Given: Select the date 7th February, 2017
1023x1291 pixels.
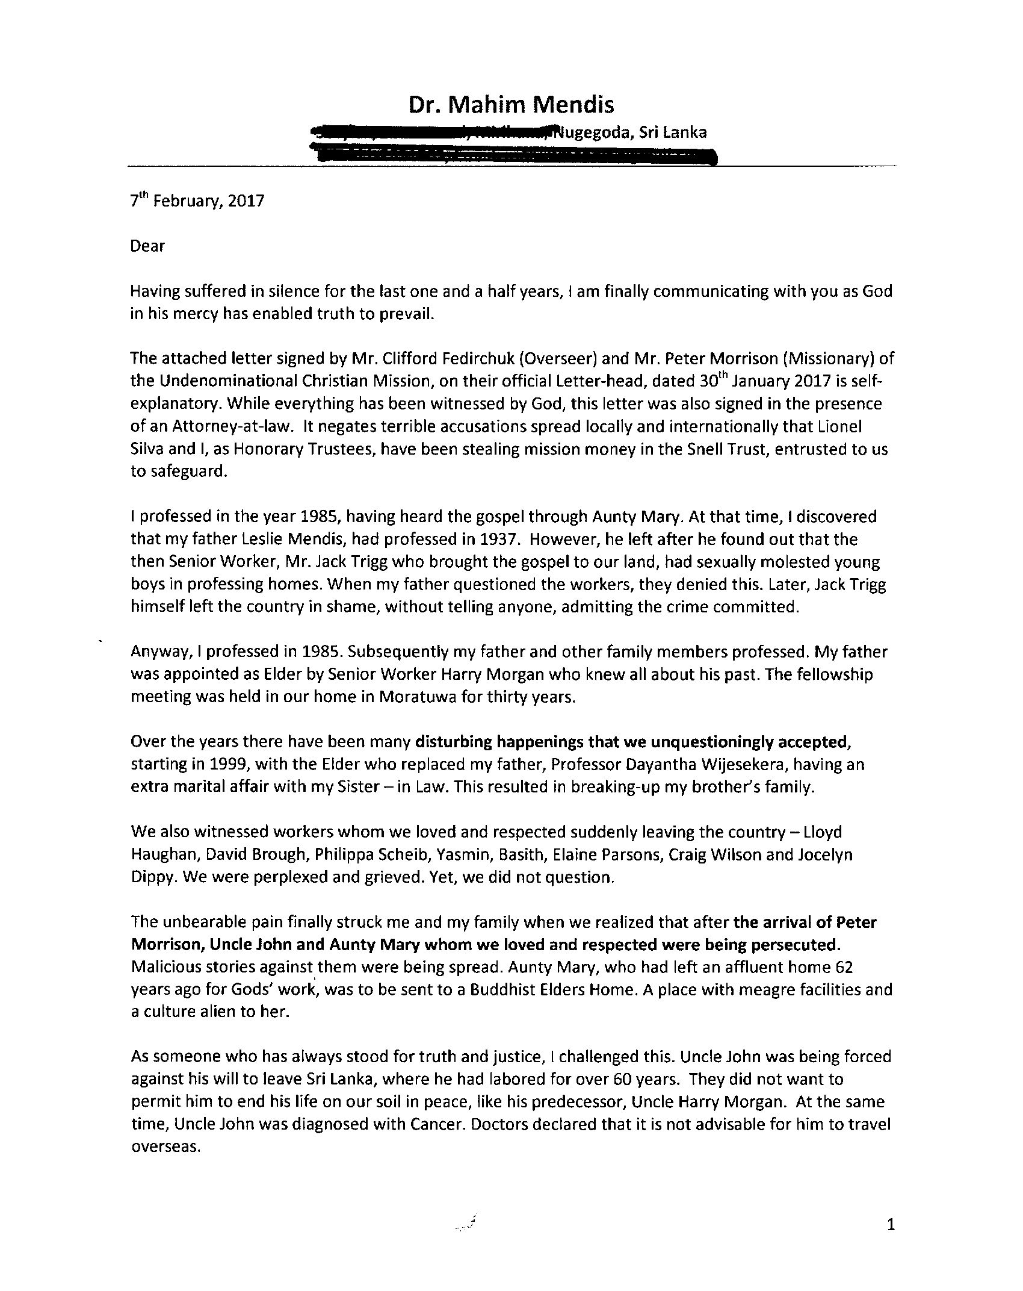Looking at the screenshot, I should pos(197,201).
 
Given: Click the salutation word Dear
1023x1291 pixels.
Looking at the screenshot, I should pos(147,246).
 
